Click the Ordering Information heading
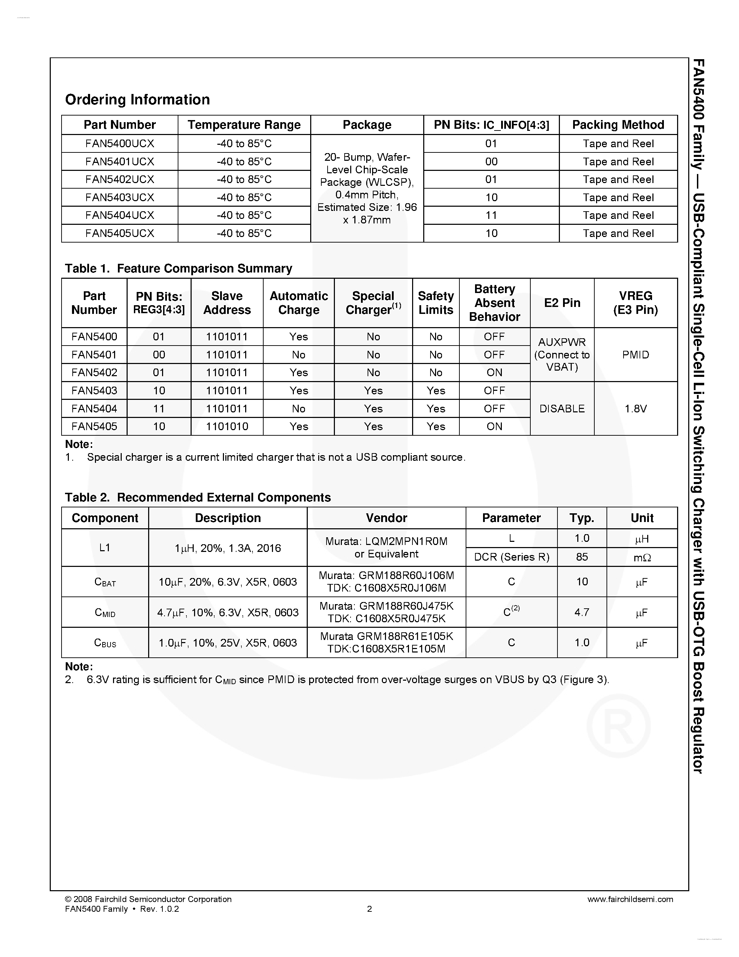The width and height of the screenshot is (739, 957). (x=137, y=100)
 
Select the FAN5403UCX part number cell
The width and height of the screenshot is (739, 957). (x=120, y=198)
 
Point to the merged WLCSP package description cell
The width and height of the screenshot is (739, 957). (x=367, y=188)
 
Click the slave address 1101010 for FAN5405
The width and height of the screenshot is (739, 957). (x=227, y=426)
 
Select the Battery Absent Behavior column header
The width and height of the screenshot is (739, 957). (x=494, y=303)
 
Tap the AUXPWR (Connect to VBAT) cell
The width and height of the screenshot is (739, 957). (x=562, y=355)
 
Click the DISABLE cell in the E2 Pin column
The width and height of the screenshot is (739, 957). (x=562, y=409)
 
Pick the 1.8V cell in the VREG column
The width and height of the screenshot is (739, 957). (x=635, y=409)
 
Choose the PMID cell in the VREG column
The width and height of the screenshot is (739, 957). (x=635, y=355)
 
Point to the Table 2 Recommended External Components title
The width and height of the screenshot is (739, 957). (x=198, y=497)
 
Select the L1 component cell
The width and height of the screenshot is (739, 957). (x=105, y=548)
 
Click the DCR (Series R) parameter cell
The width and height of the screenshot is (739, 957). (x=511, y=557)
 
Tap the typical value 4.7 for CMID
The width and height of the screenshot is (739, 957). (x=581, y=612)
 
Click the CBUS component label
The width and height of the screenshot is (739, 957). (x=105, y=643)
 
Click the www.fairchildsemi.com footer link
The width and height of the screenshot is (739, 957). (x=630, y=899)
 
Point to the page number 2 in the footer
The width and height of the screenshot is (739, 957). (x=369, y=909)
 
